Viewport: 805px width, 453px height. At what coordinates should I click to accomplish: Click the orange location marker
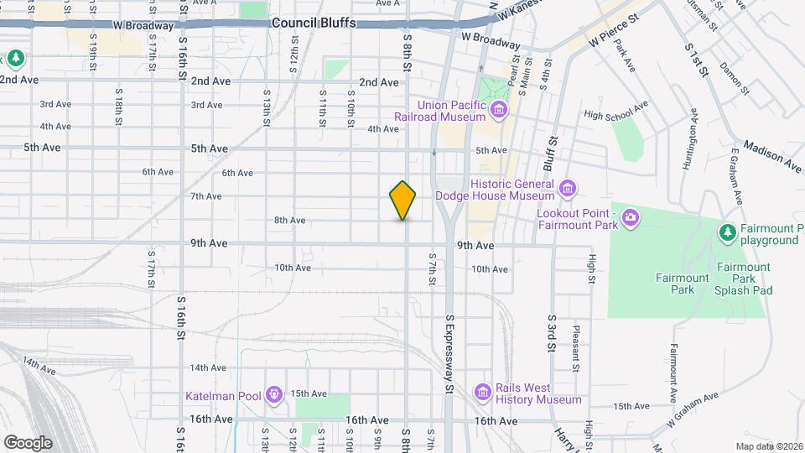(403, 200)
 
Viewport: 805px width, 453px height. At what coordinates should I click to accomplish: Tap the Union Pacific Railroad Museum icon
(500, 109)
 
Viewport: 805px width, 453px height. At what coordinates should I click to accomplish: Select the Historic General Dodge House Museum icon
(568, 186)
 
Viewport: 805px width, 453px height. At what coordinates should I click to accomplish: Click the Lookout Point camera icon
(631, 219)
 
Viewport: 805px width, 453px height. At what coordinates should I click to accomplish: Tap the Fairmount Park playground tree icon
(728, 231)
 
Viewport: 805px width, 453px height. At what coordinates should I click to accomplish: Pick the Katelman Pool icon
(273, 393)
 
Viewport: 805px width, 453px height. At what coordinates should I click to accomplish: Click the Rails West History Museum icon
(482, 392)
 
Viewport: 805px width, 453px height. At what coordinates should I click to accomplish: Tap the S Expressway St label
(449, 354)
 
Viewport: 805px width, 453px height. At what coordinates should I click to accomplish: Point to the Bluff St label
(553, 152)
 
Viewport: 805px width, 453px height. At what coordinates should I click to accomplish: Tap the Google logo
(27, 442)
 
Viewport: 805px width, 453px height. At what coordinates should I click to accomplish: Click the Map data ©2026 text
(768, 445)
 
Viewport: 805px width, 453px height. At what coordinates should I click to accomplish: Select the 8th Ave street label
(289, 221)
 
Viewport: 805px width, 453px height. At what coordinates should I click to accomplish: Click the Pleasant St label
(576, 347)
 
